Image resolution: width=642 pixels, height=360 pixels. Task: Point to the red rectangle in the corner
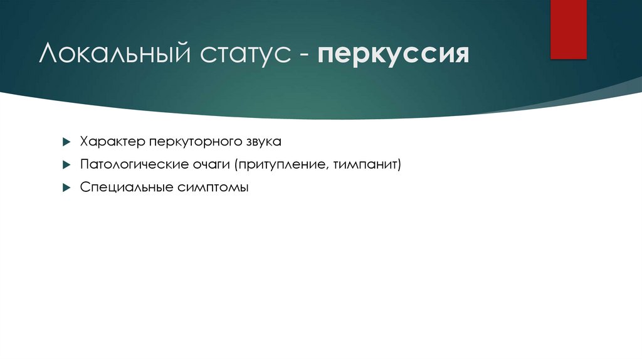click(x=568, y=29)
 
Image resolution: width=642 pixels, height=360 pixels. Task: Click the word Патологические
click(x=132, y=164)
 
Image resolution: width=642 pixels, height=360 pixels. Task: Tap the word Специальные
click(x=121, y=187)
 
